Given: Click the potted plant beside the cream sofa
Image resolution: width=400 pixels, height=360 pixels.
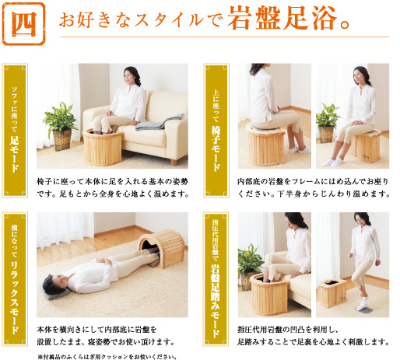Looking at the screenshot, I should click(x=61, y=124).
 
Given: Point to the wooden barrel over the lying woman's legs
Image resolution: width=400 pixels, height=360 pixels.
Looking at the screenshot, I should click(x=161, y=249).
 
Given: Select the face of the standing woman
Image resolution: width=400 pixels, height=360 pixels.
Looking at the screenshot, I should click(x=363, y=223).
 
